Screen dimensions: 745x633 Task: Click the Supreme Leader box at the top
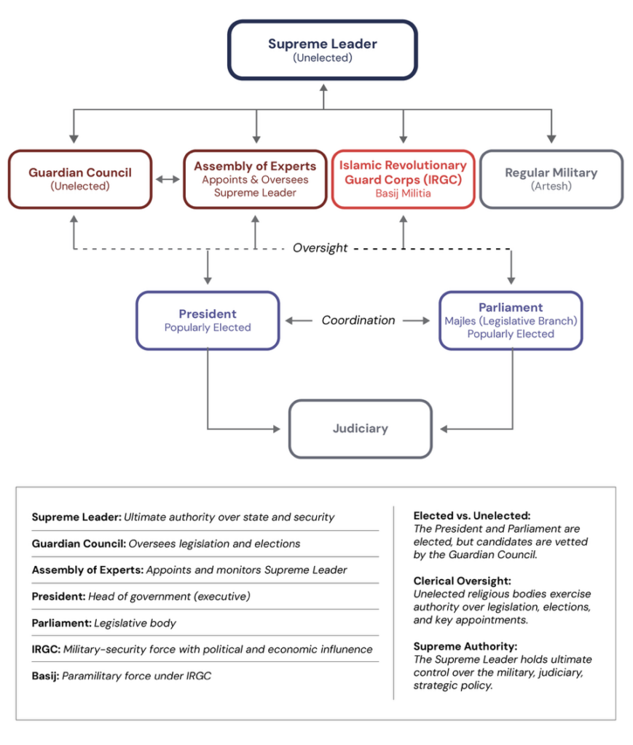[322, 49]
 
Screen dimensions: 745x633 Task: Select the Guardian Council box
[80, 179]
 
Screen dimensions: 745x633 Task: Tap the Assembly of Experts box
[255, 179]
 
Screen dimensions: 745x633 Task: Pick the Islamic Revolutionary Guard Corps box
[403, 179]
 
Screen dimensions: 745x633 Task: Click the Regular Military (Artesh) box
[551, 179]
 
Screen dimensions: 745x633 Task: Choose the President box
[208, 320]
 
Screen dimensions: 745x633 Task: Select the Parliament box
[510, 320]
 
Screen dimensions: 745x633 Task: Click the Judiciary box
[360, 429]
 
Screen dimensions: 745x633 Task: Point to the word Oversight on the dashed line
[321, 248]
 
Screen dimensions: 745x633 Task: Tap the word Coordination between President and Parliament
[358, 320]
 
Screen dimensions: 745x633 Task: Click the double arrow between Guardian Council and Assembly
[168, 179]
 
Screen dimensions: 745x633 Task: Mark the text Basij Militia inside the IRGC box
[403, 194]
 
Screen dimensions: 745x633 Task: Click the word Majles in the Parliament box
[460, 321]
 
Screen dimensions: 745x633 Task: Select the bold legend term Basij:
[45, 676]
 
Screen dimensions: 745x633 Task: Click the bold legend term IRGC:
[45, 649]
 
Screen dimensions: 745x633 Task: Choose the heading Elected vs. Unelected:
[472, 516]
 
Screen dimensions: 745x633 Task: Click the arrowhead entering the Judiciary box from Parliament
[444, 429]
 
